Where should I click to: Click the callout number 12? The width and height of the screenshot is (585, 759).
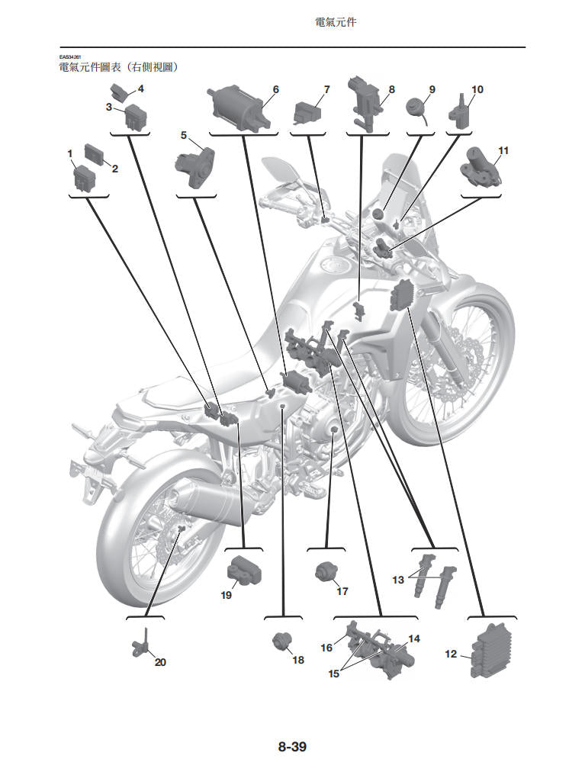[451, 654]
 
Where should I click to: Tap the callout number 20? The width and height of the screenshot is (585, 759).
[160, 662]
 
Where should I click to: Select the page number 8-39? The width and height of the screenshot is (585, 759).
[292, 747]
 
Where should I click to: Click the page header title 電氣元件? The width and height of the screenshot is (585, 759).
[336, 23]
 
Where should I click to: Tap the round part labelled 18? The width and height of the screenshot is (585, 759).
[282, 642]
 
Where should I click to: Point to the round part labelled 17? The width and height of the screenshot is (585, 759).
[326, 571]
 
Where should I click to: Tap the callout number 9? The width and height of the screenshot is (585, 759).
[432, 89]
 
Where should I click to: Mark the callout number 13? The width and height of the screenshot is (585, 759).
[398, 580]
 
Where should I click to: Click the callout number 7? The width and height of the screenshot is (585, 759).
[326, 89]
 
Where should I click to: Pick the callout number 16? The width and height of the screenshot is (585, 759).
[326, 648]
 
